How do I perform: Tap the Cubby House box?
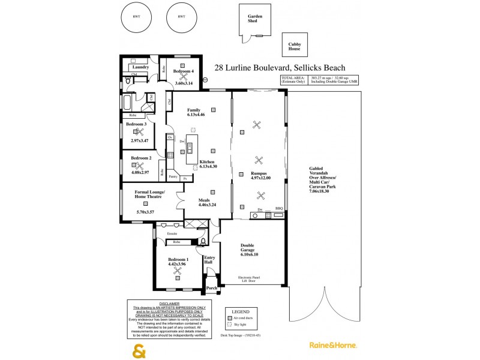click(295, 44)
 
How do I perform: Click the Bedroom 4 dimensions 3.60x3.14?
click(184, 82)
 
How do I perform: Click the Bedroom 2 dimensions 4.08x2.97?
click(139, 172)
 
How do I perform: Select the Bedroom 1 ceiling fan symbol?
click(178, 271)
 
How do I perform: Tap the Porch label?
click(211, 288)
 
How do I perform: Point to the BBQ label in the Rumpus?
click(278, 209)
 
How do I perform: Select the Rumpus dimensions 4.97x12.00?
click(260, 178)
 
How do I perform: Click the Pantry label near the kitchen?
click(173, 177)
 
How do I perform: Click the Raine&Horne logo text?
click(333, 346)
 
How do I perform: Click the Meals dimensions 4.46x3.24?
click(208, 205)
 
